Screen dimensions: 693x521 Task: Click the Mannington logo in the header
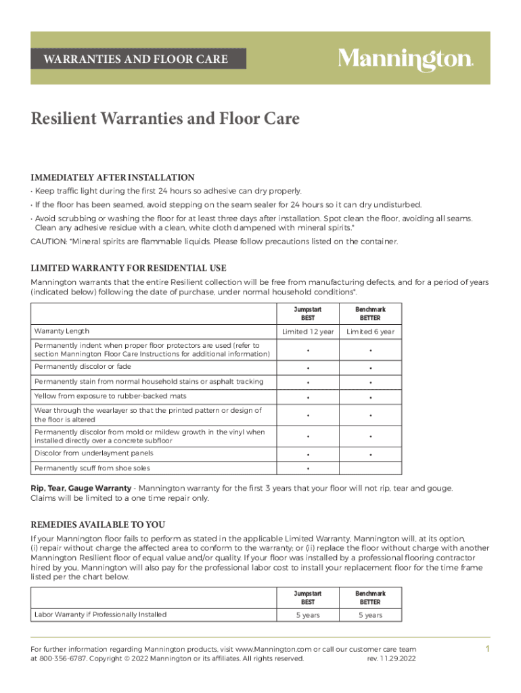coord(405,59)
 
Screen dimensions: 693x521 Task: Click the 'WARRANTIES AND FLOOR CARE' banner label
coord(136,59)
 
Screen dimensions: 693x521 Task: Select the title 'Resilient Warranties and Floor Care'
coord(165,119)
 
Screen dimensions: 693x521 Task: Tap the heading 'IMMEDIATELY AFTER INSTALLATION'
coord(113,177)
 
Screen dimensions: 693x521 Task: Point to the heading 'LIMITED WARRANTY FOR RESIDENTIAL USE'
coord(129,268)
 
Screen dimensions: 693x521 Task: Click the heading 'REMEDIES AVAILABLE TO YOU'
coord(98,524)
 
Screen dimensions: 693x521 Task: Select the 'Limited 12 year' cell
coord(308,332)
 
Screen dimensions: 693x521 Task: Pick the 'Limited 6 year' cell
coord(370,332)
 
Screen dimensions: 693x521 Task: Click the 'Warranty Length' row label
coord(62,332)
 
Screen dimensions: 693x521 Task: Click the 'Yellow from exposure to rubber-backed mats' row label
coord(110,396)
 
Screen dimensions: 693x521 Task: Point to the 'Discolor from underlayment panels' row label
coord(93,453)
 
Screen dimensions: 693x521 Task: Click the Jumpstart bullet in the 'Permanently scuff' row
coord(308,469)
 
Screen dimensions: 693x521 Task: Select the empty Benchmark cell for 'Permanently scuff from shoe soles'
coord(370,468)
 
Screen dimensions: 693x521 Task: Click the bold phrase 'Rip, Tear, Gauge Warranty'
coord(81,488)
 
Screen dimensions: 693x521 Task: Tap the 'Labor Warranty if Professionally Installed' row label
coord(100,614)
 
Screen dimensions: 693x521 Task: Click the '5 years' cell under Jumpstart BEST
coord(308,615)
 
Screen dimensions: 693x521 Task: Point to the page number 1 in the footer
coord(486,649)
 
